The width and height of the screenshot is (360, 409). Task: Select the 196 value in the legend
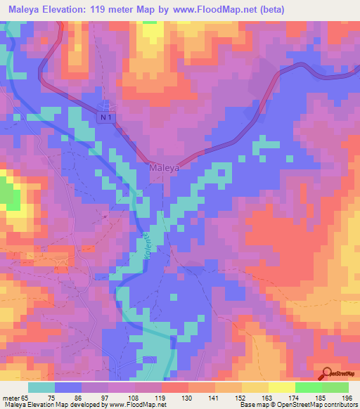(x=347, y=397)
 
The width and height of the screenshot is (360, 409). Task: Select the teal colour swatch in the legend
(x=41, y=387)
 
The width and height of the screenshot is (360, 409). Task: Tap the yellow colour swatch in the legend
(x=281, y=387)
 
